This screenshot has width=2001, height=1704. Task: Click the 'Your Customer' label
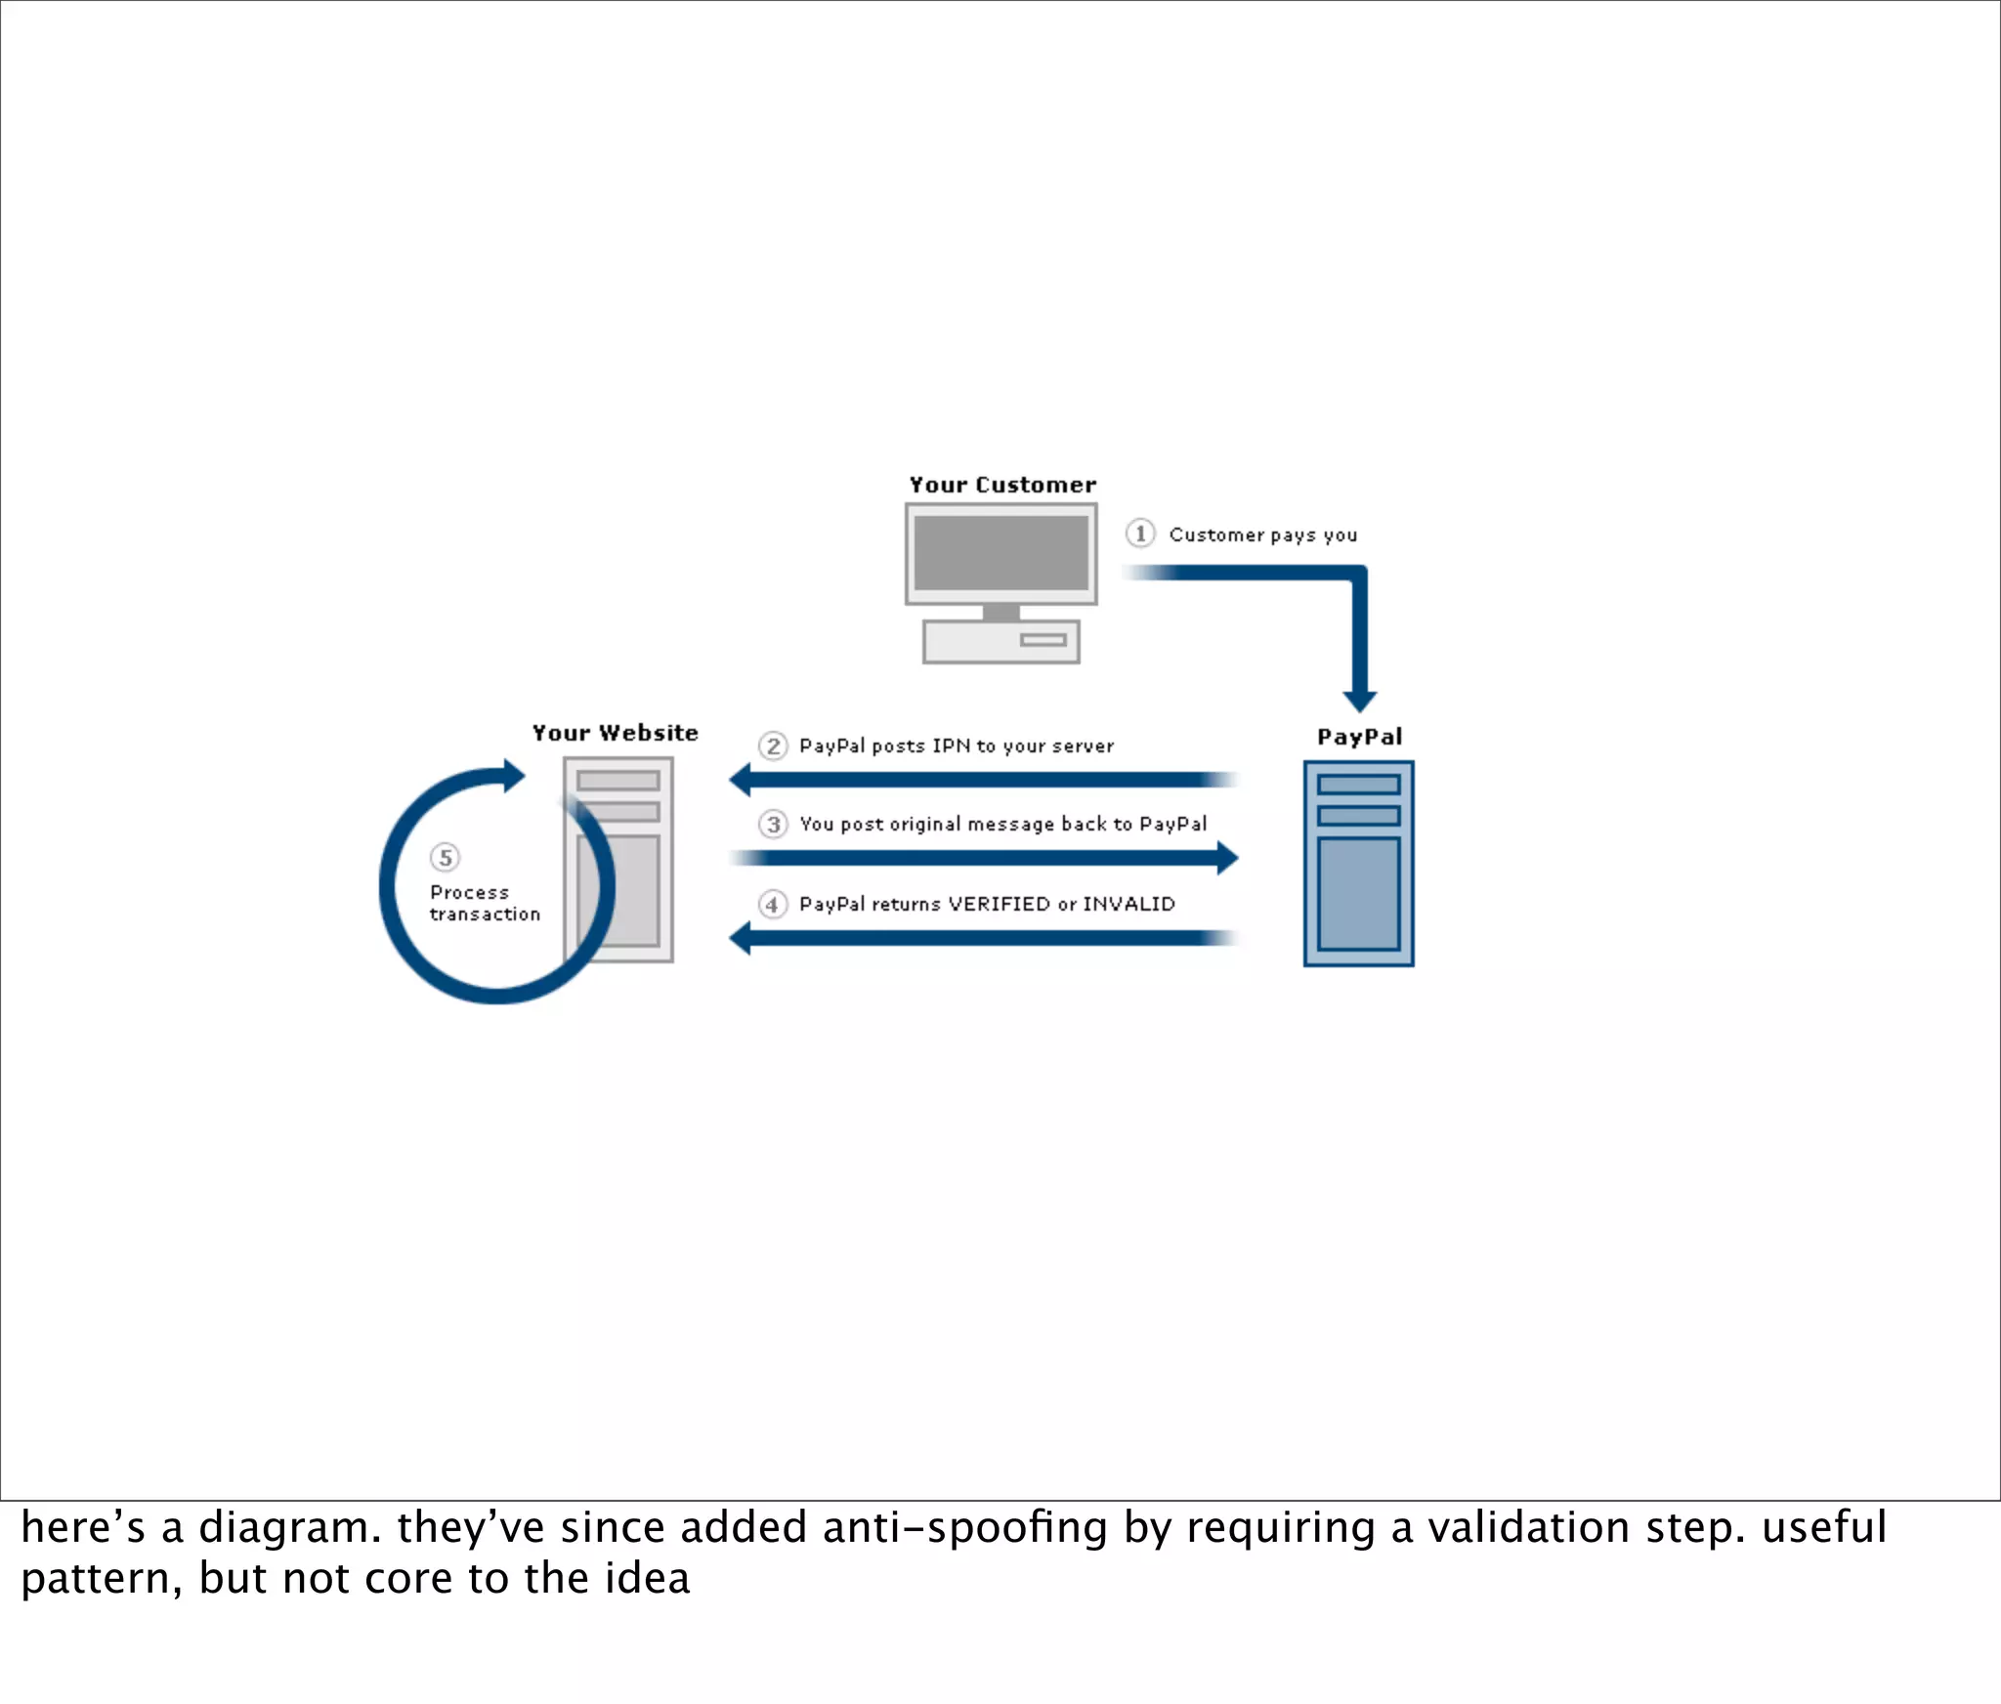coord(1002,485)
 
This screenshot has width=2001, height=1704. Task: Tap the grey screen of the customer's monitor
coord(1000,552)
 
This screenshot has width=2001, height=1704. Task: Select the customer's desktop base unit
coord(1000,642)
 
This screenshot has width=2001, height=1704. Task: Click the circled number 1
coord(1139,533)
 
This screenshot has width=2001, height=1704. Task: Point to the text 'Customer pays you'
coord(1262,534)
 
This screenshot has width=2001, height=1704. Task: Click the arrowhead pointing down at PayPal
coord(1359,700)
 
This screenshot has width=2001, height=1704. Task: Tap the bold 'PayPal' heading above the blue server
coord(1359,737)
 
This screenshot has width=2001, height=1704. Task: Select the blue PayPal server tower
coord(1358,864)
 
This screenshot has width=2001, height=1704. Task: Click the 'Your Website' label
coord(615,733)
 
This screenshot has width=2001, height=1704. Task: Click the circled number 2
coord(773,746)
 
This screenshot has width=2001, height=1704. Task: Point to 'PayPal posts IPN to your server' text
coord(956,746)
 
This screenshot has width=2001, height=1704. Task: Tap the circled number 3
coord(773,825)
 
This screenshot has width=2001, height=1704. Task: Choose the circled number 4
coord(773,905)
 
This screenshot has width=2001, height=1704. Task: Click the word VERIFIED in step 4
coord(999,905)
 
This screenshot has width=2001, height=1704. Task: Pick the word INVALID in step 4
coord(1128,905)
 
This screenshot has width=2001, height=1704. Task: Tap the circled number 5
coord(446,858)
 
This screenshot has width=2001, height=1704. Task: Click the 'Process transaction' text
coord(484,904)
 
